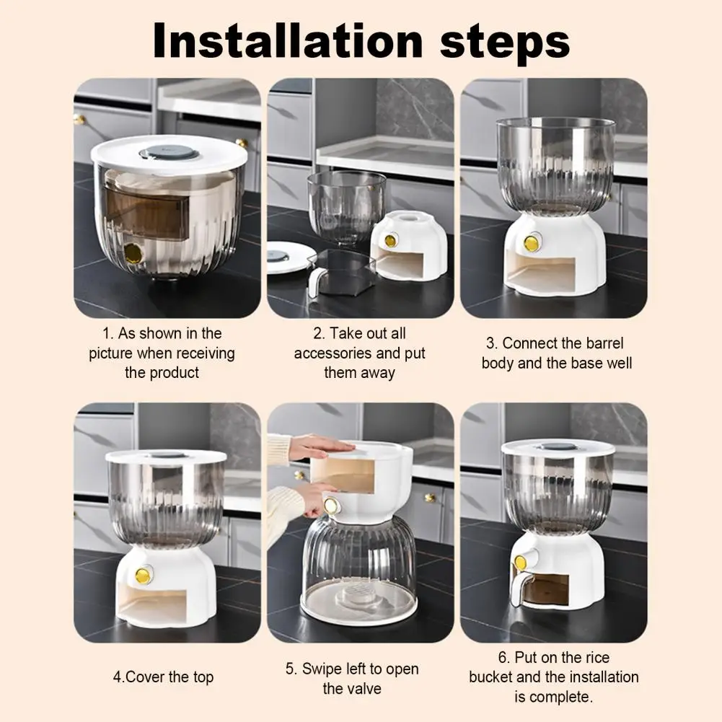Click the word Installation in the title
(x=287, y=40)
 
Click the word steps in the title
(x=505, y=44)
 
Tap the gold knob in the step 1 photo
(x=133, y=252)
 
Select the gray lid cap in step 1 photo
(x=169, y=153)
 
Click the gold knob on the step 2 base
(x=390, y=240)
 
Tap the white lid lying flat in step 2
(x=287, y=258)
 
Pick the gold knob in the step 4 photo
(x=144, y=575)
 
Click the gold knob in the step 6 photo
(x=521, y=562)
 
